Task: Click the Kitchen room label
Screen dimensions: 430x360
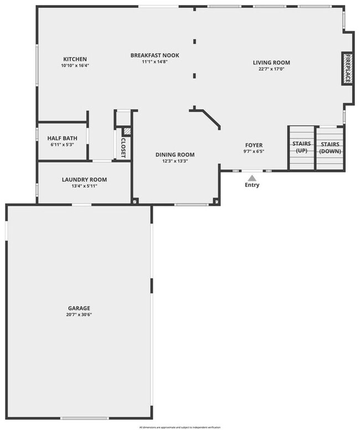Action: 75,59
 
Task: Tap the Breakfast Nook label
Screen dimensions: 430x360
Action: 155,55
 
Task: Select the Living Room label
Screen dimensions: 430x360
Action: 271,63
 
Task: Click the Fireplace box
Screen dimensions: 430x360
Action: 348,69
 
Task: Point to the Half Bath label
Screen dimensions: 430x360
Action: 61,138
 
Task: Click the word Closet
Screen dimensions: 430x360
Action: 124,147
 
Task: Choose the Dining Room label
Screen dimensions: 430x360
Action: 175,155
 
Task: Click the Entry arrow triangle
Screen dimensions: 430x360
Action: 252,178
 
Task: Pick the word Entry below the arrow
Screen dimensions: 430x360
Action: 252,185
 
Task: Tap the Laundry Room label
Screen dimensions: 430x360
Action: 84,179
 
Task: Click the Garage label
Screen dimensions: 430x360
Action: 79,308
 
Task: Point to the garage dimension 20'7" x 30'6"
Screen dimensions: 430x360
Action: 79,315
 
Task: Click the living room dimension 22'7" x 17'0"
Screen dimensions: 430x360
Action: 271,69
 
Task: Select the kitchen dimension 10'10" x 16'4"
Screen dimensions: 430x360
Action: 75,66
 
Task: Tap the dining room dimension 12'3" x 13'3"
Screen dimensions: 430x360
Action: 175,162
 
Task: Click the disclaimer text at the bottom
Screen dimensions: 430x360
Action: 180,427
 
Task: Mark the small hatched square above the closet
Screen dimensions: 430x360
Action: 126,131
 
